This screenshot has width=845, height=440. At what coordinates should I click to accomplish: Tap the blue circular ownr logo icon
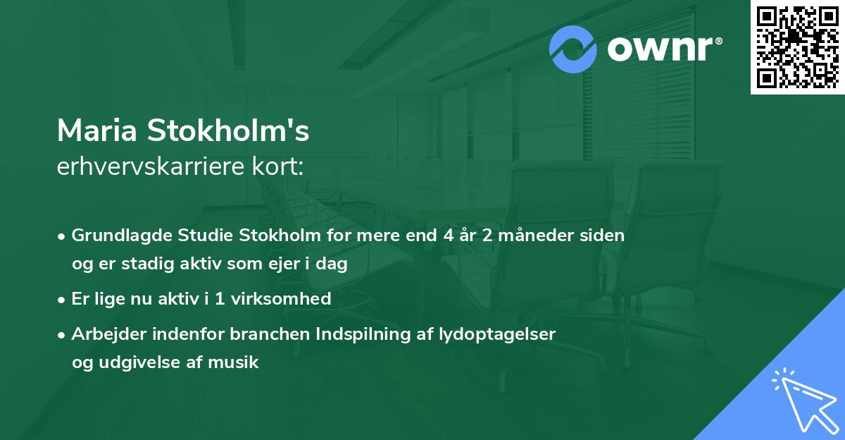click(x=573, y=49)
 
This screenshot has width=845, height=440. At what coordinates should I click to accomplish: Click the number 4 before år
click(x=449, y=236)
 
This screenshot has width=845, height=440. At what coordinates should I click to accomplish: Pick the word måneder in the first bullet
click(x=532, y=236)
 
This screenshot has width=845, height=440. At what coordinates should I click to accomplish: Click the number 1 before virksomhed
click(x=220, y=299)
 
